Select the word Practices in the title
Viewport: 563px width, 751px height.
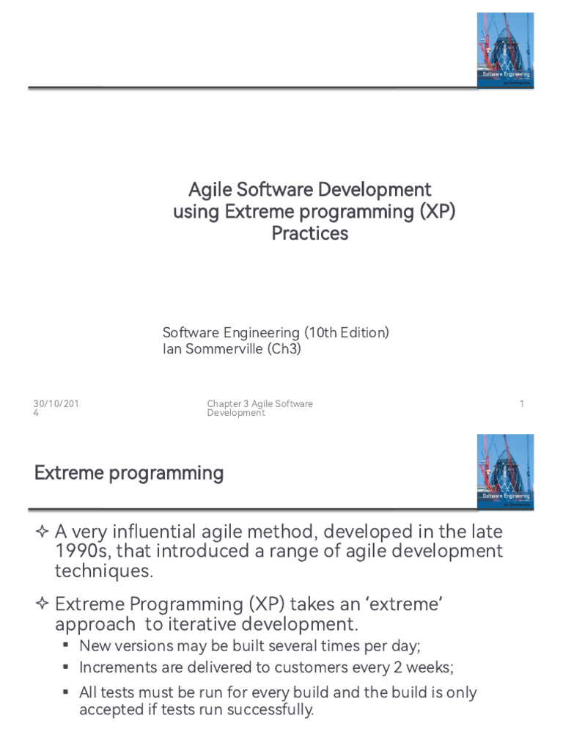pyautogui.click(x=310, y=234)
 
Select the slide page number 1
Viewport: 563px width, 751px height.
pyautogui.click(x=521, y=404)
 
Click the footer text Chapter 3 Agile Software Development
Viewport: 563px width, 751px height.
pyautogui.click(x=260, y=408)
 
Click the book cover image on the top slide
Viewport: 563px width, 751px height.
pyautogui.click(x=505, y=51)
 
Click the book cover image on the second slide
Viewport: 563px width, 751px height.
pyautogui.click(x=505, y=472)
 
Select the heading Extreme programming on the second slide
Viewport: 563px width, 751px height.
pyautogui.click(x=129, y=473)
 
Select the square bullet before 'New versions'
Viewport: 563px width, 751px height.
pyautogui.click(x=66, y=645)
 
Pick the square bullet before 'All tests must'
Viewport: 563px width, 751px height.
pyautogui.click(x=66, y=692)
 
